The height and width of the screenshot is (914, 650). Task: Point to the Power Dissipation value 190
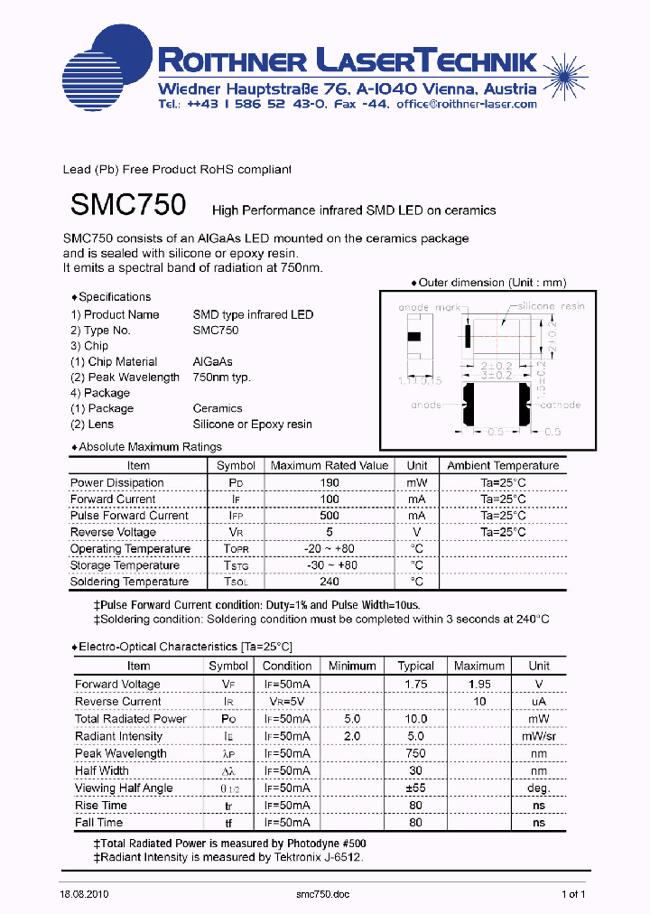pos(330,482)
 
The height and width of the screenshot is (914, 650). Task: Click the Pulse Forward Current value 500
pos(330,516)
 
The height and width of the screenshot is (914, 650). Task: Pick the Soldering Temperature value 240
pos(330,582)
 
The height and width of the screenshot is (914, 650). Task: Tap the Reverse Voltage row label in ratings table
pos(114,532)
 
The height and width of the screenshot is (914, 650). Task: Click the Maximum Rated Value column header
pos(330,466)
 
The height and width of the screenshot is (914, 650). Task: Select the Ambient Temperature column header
pos(503,466)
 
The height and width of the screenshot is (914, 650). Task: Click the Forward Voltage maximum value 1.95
pos(478,685)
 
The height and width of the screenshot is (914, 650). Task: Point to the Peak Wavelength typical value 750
pos(415,753)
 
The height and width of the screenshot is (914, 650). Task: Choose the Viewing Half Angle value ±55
pos(415,788)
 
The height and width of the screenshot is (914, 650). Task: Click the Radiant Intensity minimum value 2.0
pos(352,736)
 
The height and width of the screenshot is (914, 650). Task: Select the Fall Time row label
pos(100,822)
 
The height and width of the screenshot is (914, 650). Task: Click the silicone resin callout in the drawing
pos(551,307)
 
